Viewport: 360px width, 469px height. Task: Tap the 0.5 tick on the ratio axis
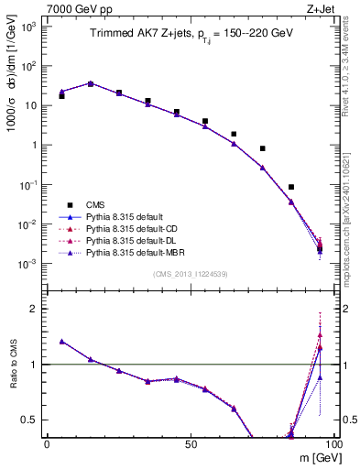coord(30,420)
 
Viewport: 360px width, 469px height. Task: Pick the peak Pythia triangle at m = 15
coord(91,83)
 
